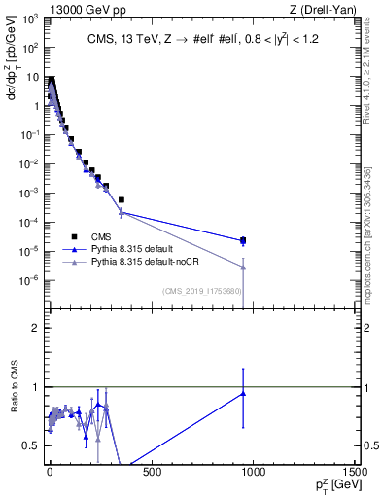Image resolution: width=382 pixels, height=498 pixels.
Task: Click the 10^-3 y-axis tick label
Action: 31,193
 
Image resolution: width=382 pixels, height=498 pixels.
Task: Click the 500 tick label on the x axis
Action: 151,474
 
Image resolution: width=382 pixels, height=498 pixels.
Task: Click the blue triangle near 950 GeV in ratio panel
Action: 242,393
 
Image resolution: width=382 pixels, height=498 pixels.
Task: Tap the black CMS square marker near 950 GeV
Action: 242,239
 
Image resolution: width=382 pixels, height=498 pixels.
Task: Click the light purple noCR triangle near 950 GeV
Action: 242,267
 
